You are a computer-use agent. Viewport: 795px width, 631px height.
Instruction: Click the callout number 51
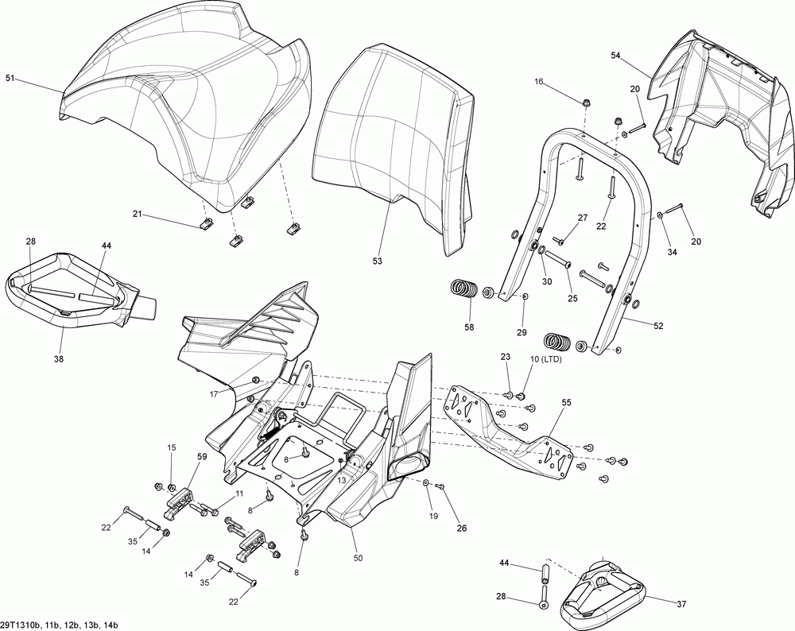coord(10,78)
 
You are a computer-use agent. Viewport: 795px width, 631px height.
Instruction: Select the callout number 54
coord(615,55)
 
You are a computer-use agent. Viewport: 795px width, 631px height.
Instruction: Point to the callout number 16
coord(538,82)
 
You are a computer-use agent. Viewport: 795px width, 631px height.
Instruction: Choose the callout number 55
coord(565,404)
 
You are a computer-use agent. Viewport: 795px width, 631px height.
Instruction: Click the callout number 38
coord(60,358)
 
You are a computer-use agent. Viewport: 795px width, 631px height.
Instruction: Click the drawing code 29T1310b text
coord(22,624)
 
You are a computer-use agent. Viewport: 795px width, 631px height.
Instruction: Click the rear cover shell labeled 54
coord(715,119)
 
